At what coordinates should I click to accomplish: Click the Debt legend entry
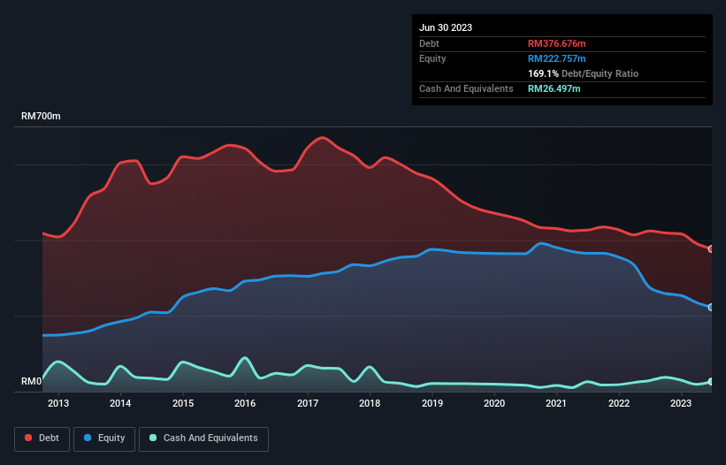tap(43, 438)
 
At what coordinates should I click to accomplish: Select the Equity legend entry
tap(104, 438)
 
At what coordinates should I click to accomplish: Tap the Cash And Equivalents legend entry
tap(203, 438)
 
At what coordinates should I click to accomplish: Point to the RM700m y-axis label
tap(41, 117)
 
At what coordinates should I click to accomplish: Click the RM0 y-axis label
tap(31, 382)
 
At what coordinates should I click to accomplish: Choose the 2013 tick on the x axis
tap(58, 404)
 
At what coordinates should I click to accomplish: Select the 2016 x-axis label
tap(245, 404)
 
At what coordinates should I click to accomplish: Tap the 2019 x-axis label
tap(432, 404)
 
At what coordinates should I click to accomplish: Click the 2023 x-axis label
tap(681, 404)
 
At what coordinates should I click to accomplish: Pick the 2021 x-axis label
tap(557, 404)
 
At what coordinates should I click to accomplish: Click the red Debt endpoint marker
tap(711, 249)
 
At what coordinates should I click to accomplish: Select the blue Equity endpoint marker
tap(711, 308)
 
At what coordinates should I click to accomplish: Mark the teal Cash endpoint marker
tap(711, 382)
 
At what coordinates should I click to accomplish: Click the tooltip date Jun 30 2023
tap(446, 27)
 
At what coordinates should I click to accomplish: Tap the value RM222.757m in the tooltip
tap(557, 58)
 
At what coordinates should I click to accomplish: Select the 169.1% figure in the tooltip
tap(542, 73)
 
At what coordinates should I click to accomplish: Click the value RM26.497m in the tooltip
tap(554, 88)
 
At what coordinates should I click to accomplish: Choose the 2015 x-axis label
tap(183, 404)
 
